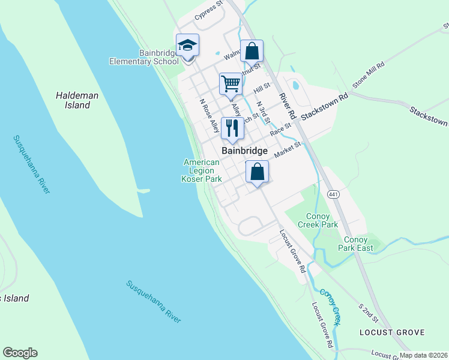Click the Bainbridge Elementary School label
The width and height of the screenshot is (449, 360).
pos(143,57)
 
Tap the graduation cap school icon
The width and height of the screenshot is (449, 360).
pos(187,46)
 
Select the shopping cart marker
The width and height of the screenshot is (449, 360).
pos(231,85)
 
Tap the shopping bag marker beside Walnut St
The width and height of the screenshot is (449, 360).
pos(252,52)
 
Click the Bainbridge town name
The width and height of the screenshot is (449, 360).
pos(244,151)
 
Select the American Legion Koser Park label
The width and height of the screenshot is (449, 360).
pos(202,170)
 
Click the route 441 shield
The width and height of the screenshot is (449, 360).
pos(334,194)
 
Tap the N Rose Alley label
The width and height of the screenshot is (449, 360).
pos(209,115)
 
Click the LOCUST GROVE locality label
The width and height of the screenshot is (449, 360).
pos(391,332)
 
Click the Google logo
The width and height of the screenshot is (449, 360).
pos(20,353)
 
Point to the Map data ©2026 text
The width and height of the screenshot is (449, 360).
pos(424,355)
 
